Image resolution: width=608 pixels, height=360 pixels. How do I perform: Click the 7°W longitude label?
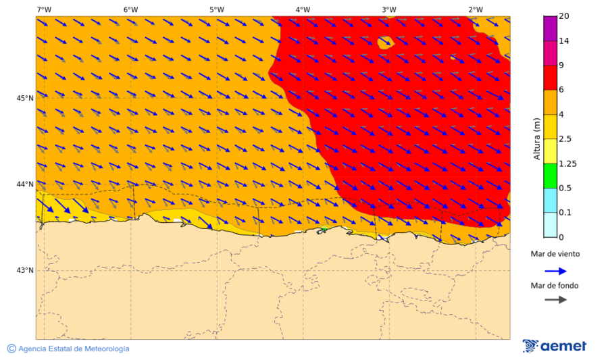[44, 9]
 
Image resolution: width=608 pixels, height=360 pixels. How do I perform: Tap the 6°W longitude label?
[130, 9]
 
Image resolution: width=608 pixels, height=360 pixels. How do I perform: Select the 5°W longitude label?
[216, 9]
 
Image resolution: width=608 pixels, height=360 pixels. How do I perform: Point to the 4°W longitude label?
[303, 9]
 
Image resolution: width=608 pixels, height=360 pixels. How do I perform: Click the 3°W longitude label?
[388, 9]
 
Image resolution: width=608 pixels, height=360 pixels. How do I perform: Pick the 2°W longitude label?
[475, 9]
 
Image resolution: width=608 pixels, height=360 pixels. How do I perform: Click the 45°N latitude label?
[25, 98]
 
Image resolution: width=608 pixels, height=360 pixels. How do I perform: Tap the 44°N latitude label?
[25, 184]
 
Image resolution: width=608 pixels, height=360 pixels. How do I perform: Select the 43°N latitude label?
[25, 270]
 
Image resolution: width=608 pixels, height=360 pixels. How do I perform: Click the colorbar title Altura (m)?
[538, 138]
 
